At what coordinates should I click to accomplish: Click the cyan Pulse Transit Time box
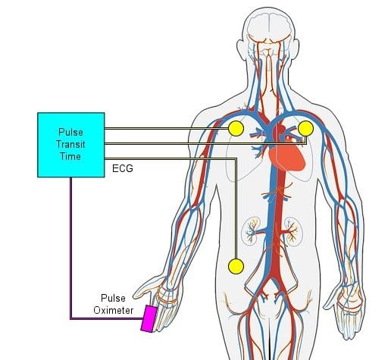pyautogui.click(x=71, y=145)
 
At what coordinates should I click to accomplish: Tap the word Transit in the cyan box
pyautogui.click(x=70, y=144)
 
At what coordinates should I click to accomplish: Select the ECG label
pyautogui.click(x=123, y=168)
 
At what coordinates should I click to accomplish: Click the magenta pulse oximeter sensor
pyautogui.click(x=149, y=318)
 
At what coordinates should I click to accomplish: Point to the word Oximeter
pyautogui.click(x=114, y=310)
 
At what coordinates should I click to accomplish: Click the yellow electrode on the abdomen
pyautogui.click(x=236, y=267)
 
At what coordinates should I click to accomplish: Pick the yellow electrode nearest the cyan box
pyautogui.click(x=236, y=129)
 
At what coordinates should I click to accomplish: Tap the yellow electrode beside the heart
pyautogui.click(x=305, y=128)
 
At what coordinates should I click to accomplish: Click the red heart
pyautogui.click(x=287, y=157)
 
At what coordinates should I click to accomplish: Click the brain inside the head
pyautogui.click(x=268, y=28)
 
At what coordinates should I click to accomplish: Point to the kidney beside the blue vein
pyautogui.click(x=250, y=230)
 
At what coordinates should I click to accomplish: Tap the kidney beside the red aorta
pyautogui.click(x=293, y=230)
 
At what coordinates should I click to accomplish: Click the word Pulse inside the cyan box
pyautogui.click(x=70, y=132)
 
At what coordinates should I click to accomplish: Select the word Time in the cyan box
pyautogui.click(x=70, y=156)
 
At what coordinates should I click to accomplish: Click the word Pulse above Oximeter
pyautogui.click(x=113, y=298)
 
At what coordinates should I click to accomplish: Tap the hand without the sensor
pyautogui.click(x=346, y=311)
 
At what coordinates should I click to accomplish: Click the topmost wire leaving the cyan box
pyautogui.click(x=167, y=129)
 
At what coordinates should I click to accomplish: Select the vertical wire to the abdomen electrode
pyautogui.click(x=236, y=209)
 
